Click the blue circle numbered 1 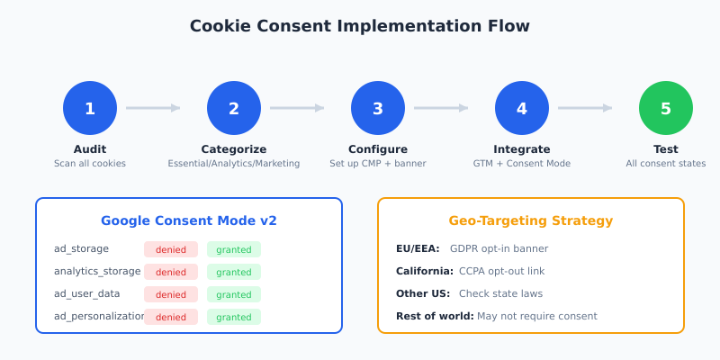pyautogui.click(x=90, y=108)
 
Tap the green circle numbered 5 pyautogui.click(x=666, y=108)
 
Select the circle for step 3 pyautogui.click(x=378, y=108)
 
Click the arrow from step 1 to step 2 pyautogui.click(x=153, y=108)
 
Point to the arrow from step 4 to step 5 pyautogui.click(x=585, y=108)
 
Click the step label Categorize pyautogui.click(x=234, y=149)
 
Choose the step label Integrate pyautogui.click(x=522, y=149)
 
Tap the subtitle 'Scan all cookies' pyautogui.click(x=90, y=164)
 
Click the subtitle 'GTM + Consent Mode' pyautogui.click(x=522, y=164)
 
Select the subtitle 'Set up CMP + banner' pyautogui.click(x=378, y=164)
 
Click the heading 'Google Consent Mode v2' pyautogui.click(x=189, y=220)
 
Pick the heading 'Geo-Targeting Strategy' pyautogui.click(x=531, y=220)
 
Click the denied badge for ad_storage pyautogui.click(x=171, y=249)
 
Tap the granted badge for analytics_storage pyautogui.click(x=234, y=272)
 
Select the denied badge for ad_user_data pyautogui.click(x=171, y=294)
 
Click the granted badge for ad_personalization pyautogui.click(x=234, y=317)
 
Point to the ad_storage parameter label pyautogui.click(x=82, y=249)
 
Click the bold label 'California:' pyautogui.click(x=425, y=271)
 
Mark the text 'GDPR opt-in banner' pyautogui.click(x=499, y=248)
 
